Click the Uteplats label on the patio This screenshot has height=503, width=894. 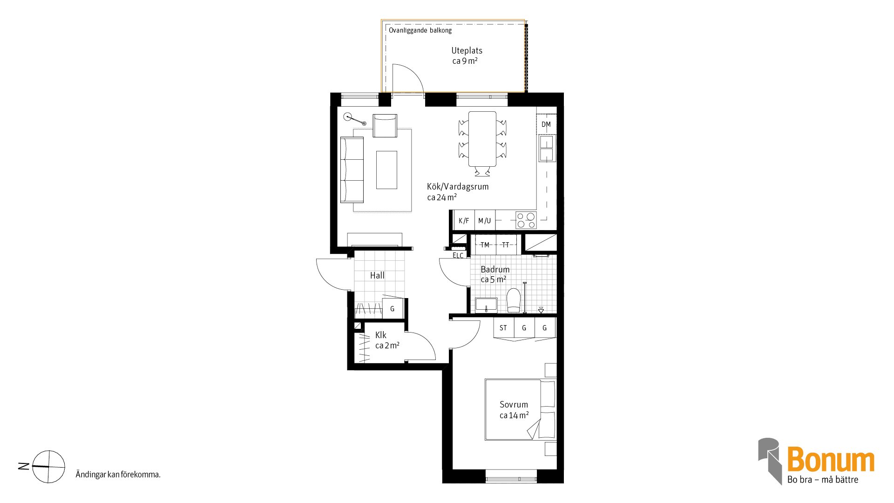pos(467,51)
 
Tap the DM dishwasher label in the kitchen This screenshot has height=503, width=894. pos(546,124)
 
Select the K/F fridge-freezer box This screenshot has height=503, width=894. pos(464,220)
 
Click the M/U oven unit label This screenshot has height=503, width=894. pos(484,221)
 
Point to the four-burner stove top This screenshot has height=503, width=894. pos(526,220)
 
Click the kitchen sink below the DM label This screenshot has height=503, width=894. pos(547,148)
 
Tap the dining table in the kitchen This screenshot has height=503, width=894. pos(482,139)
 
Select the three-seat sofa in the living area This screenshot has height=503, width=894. pos(352,170)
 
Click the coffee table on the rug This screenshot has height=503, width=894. pos(386,170)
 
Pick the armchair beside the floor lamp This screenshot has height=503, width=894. pos(385,126)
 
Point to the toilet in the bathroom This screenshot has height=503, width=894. pos(514,300)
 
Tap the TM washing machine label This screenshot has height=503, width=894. pos(485,245)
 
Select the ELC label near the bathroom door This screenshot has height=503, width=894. pos(458,255)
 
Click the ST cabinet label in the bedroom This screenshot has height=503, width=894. pos(503,328)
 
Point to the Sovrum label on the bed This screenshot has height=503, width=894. pos(514,404)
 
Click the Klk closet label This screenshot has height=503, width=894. pos(381,335)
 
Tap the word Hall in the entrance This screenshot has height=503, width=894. pos(377,275)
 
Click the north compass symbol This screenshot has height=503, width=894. pos(48,466)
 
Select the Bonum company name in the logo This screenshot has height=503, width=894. pos(831,460)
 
